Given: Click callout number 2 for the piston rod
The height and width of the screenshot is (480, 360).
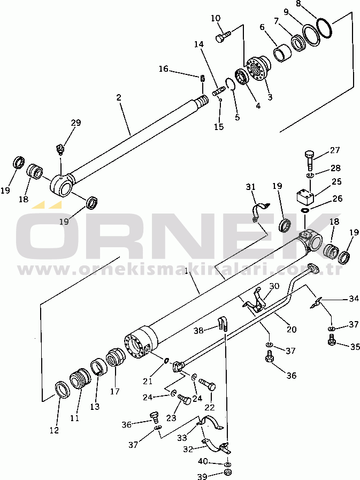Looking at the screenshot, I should point(119,97).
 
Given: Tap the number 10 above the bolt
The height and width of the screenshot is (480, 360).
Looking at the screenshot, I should point(216,19).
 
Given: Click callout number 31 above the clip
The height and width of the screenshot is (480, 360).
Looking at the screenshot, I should point(251,186).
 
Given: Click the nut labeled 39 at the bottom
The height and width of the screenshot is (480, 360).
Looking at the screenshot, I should point(227,474).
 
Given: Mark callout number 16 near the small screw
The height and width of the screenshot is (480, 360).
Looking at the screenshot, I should point(164,68).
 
